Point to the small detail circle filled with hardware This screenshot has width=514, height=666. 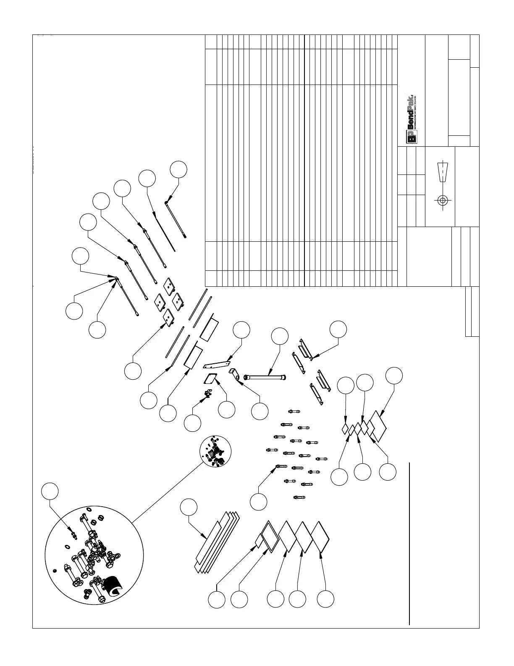click(x=215, y=451)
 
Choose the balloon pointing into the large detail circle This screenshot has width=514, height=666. click(x=50, y=492)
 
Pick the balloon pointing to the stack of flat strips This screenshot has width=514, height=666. click(x=189, y=507)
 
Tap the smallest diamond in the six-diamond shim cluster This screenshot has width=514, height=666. click(x=345, y=429)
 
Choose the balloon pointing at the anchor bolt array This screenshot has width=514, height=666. click(x=259, y=501)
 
